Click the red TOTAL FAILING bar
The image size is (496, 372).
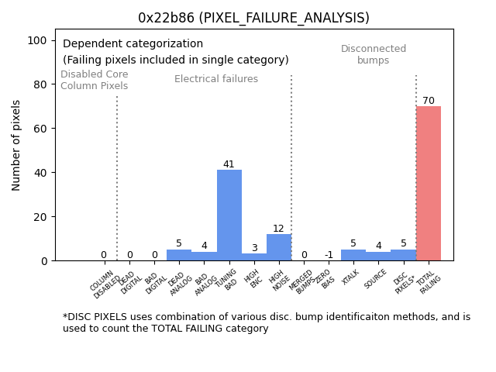(428, 184)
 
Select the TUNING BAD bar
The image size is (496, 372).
(229, 215)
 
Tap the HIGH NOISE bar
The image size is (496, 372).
(279, 247)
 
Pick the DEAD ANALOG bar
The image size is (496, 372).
(179, 255)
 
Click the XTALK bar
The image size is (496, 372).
(353, 255)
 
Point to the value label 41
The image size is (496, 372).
(229, 164)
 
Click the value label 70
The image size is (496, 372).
(428, 101)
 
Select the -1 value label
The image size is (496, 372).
(329, 255)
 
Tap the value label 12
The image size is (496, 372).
(279, 229)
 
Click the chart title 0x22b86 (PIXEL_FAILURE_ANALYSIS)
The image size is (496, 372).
(253, 18)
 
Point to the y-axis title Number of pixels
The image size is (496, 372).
(16, 145)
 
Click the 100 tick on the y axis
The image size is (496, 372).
(40, 40)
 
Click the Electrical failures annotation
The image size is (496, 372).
(216, 79)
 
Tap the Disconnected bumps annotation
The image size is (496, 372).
(374, 54)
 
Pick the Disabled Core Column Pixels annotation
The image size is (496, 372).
(95, 80)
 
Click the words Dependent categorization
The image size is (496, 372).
(133, 44)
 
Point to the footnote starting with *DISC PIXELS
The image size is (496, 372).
(266, 322)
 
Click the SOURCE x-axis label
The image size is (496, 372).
(376, 279)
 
